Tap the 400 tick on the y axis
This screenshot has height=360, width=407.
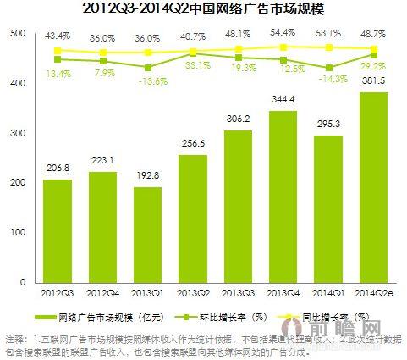tap(17, 84)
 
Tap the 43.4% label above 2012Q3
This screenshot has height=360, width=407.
tap(58, 36)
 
